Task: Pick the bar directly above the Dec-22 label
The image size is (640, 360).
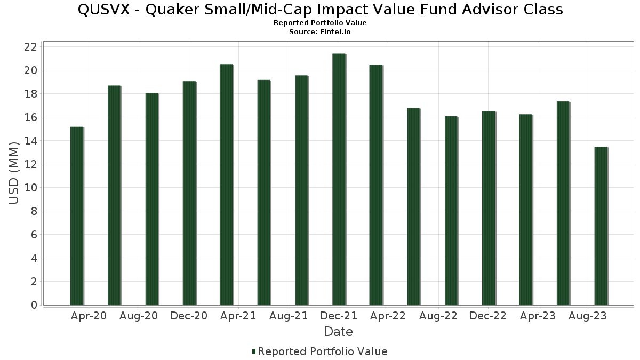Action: click(489, 208)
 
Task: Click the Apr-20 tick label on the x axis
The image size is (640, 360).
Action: click(89, 316)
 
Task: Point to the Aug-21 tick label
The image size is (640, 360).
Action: click(289, 316)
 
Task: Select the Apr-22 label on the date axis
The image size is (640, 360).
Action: click(388, 316)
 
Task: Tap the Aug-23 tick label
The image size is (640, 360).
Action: click(588, 316)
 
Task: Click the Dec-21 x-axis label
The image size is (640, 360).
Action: click(339, 316)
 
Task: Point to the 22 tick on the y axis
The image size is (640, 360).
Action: click(30, 47)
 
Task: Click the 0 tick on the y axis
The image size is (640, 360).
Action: click(34, 305)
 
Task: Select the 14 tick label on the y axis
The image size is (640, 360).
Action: click(30, 141)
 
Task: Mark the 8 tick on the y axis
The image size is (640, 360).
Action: click(34, 211)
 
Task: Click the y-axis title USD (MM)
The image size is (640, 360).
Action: click(14, 173)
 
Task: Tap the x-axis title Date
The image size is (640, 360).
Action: click(338, 332)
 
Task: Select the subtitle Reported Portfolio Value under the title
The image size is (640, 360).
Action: click(320, 23)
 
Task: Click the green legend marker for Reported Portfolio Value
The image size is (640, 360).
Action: click(254, 351)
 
